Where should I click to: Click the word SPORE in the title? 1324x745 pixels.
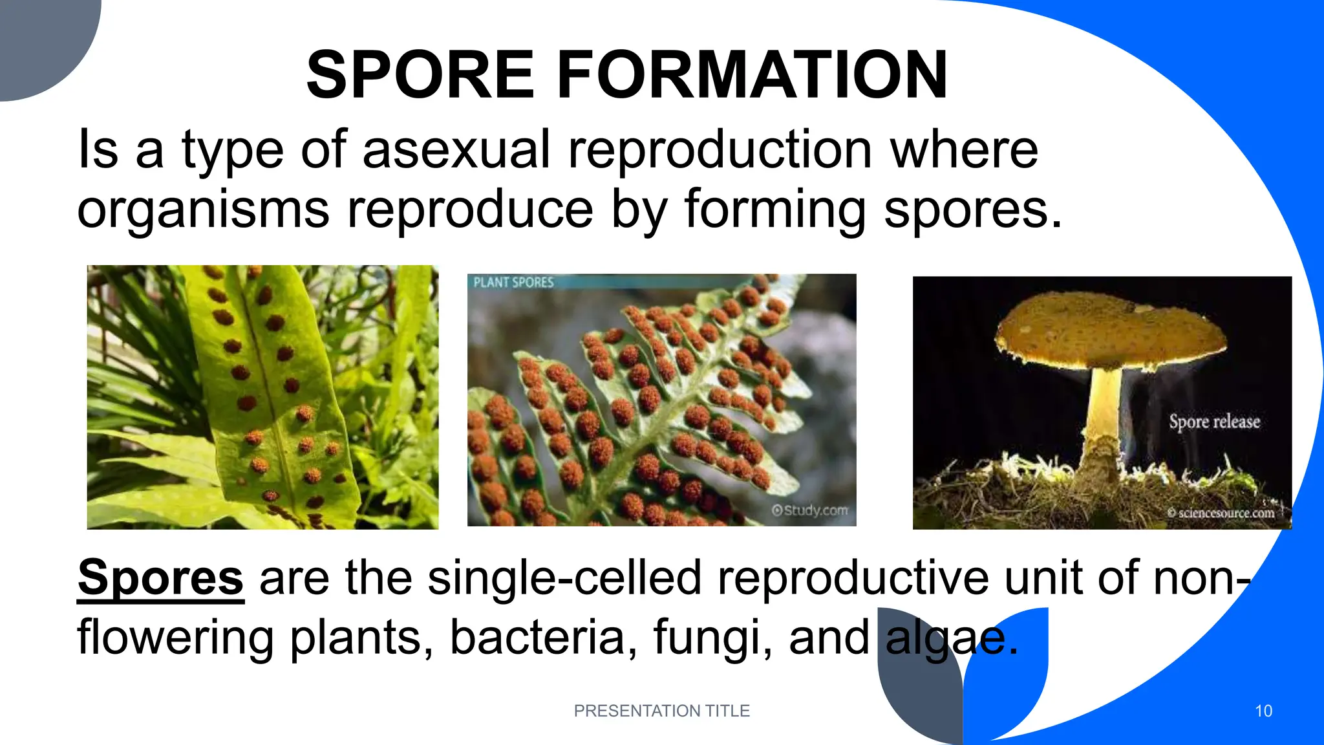point(420,76)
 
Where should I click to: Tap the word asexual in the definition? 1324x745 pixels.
point(456,150)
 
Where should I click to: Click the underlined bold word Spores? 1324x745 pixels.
point(160,577)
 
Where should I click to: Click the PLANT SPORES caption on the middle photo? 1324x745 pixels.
point(513,283)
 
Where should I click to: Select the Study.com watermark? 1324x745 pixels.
point(810,510)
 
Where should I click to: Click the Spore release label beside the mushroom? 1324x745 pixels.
point(1214,422)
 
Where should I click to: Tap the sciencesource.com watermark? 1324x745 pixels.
point(1221,513)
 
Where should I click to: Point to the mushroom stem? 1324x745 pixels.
point(1104,414)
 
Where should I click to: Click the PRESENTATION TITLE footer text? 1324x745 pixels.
point(661,711)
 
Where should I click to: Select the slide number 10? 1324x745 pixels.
point(1263,711)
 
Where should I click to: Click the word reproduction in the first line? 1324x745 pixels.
point(720,150)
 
